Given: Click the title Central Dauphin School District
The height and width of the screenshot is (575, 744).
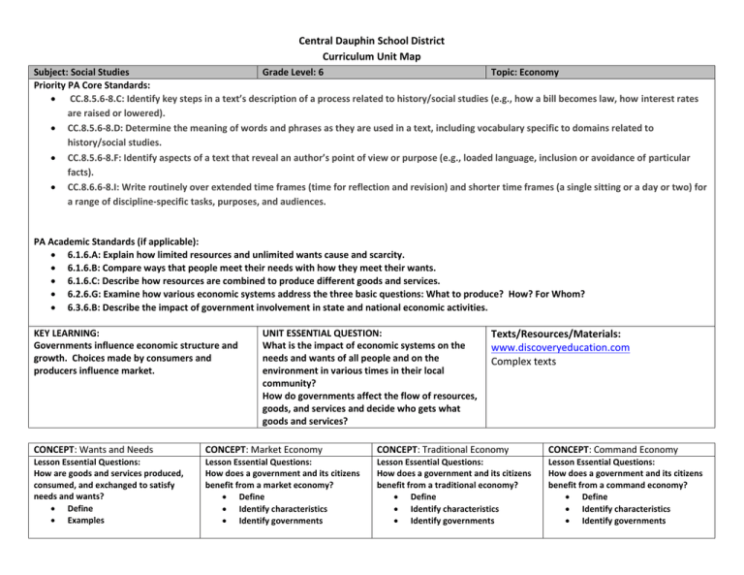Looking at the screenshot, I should click(372, 41).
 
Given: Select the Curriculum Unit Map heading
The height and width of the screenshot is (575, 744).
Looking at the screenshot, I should click(372, 57).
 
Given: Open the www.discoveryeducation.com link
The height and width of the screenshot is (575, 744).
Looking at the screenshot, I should click(561, 347).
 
